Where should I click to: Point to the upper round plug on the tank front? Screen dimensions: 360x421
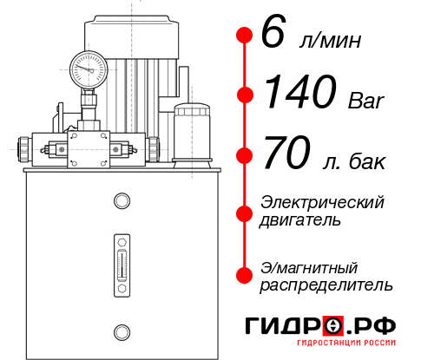(122, 202)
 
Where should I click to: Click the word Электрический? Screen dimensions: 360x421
(322, 202)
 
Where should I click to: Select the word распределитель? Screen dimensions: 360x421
(326, 285)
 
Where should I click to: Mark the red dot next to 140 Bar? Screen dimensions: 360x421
(244, 95)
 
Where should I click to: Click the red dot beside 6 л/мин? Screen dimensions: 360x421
(244, 36)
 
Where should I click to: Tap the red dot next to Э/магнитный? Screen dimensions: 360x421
(244, 274)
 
